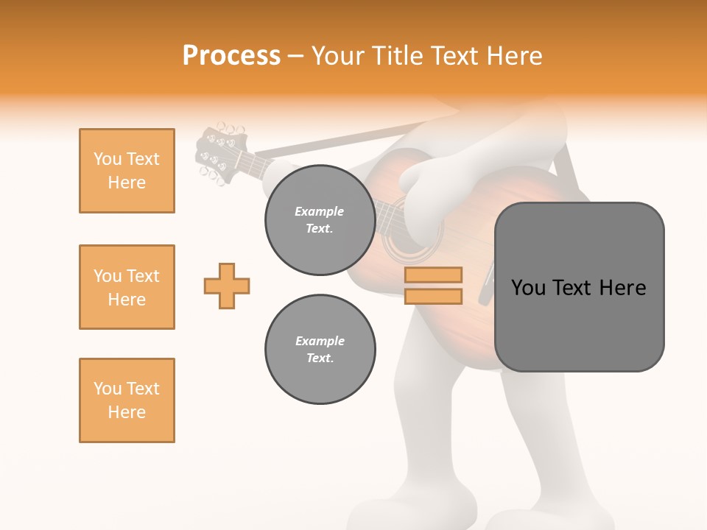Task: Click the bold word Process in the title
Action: coord(231,56)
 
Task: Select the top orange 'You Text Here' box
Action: coord(127,171)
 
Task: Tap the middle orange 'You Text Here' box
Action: coord(127,287)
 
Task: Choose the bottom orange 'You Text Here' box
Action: coord(127,400)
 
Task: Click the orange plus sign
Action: coord(227,286)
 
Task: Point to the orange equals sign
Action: coord(433,286)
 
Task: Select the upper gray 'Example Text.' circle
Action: coord(320,220)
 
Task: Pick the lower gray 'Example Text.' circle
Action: coord(320,350)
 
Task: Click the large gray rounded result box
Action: coord(579,287)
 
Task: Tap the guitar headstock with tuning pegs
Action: coord(217,153)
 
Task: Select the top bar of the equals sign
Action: coord(433,275)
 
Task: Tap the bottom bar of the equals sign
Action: coord(433,296)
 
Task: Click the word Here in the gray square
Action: coord(623,288)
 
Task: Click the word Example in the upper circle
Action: coord(320,211)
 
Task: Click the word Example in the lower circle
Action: coord(320,341)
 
